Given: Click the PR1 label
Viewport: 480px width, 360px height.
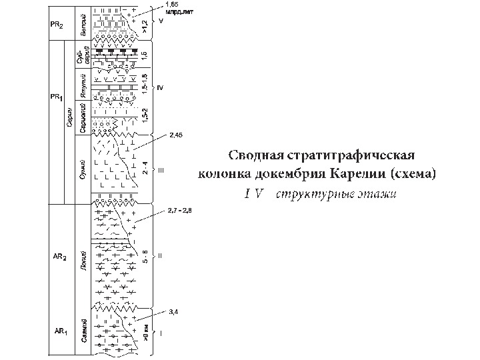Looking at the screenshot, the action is pos(56,97).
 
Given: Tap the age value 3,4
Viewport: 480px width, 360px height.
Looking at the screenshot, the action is pos(174,311).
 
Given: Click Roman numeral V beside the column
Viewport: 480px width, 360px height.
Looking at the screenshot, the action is pos(161,21).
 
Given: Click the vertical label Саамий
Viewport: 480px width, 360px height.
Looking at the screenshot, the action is pos(83,332).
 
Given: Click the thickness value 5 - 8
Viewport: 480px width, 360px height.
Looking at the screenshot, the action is pos(145,257).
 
